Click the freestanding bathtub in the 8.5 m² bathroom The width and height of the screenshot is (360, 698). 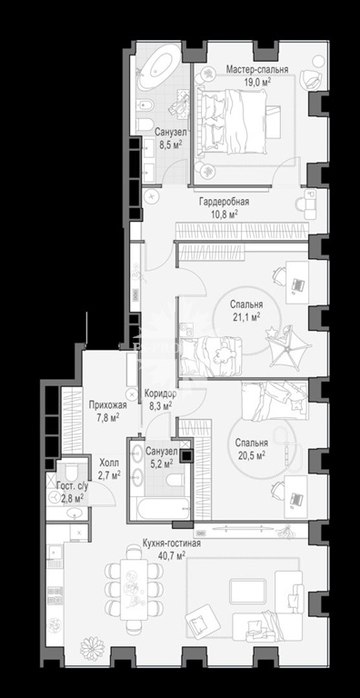[x=159, y=68]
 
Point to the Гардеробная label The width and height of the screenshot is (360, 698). [x=224, y=202]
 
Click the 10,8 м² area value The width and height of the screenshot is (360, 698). [x=224, y=214]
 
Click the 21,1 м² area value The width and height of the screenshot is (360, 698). [x=246, y=316]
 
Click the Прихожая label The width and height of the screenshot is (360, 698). [x=108, y=405]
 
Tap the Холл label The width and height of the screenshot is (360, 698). [x=109, y=464]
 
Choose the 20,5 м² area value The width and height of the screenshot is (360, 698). [x=250, y=454]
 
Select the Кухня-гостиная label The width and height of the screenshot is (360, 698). [x=172, y=543]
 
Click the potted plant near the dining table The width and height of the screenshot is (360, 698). [x=92, y=648]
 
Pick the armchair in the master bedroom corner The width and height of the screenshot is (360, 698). [x=311, y=78]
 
